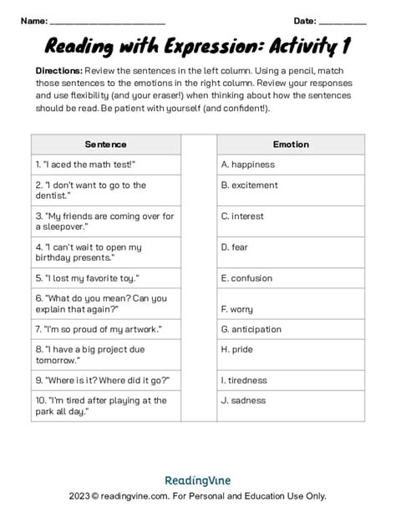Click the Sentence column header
coord(105,144)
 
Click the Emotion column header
coord(290,144)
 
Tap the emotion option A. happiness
coord(248,165)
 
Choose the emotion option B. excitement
coord(251,185)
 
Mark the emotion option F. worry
coord(237,309)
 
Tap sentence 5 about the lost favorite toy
coord(87,277)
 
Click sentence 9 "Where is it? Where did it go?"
coord(103,380)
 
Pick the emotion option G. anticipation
coord(251,329)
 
